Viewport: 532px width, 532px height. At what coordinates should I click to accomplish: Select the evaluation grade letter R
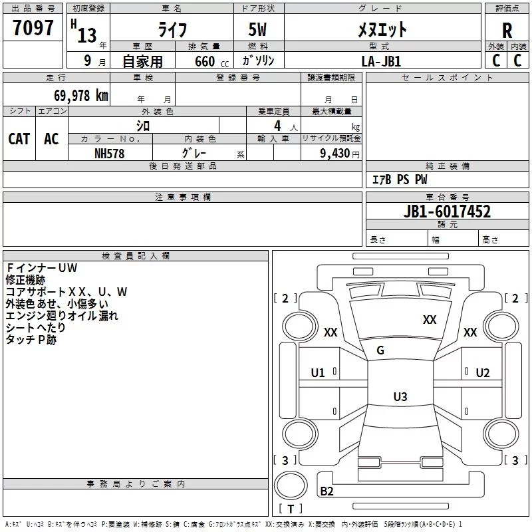(507, 30)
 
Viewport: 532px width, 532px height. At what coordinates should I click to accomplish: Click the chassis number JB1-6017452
(447, 212)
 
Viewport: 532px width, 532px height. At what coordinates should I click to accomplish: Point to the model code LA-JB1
(381, 61)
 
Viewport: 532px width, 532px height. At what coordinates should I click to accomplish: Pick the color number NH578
(109, 153)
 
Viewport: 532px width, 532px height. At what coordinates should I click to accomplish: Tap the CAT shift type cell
(19, 139)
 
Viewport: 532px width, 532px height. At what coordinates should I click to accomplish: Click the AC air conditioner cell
(51, 139)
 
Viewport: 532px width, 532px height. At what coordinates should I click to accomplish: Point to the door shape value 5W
(259, 30)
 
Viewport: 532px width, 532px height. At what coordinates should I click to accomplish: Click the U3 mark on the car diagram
(400, 397)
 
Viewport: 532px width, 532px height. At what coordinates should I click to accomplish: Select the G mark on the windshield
(380, 350)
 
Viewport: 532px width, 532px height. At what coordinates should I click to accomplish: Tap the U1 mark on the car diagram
(318, 373)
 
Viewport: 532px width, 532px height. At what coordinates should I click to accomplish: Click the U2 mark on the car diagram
(482, 373)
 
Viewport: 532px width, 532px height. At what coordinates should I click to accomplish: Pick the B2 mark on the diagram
(327, 491)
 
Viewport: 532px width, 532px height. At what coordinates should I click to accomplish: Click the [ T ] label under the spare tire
(291, 509)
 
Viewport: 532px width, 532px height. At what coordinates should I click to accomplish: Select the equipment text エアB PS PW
(400, 180)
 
